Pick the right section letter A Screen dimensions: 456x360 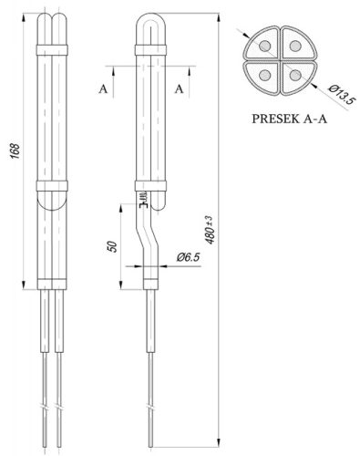point(180,88)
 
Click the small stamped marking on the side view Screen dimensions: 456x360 point(142,197)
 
